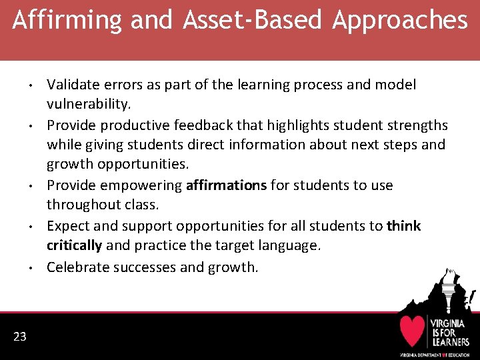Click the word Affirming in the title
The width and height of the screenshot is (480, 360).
point(66,21)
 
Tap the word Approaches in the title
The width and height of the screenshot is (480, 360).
point(400,21)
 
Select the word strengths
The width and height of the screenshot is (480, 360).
point(414,125)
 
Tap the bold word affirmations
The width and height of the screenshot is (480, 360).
point(226,185)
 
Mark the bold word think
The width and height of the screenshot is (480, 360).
point(403,225)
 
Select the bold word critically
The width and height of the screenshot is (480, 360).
point(74,245)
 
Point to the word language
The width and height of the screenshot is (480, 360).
point(288,245)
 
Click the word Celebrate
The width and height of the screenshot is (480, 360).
point(75,267)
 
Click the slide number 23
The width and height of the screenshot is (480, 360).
point(20,336)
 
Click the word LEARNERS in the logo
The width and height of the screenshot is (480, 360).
point(449,341)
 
